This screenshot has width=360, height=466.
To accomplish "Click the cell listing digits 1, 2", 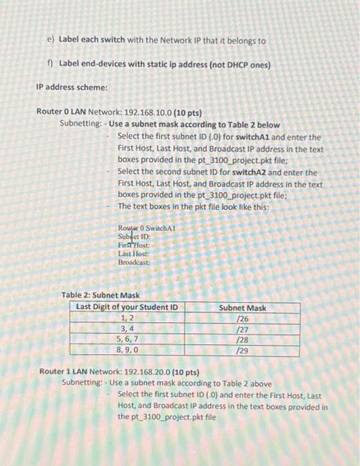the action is pyautogui.click(x=126, y=319).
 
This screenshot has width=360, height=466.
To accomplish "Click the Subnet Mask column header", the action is pyautogui.click(x=242, y=308).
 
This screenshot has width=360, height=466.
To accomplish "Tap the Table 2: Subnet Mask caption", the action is pyautogui.click(x=100, y=295).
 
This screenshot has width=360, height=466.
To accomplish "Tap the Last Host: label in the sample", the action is pyautogui.click(x=131, y=254).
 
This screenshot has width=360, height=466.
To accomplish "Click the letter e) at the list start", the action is pyautogui.click(x=51, y=41).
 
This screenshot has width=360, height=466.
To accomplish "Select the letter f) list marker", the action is pyautogui.click(x=51, y=64).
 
